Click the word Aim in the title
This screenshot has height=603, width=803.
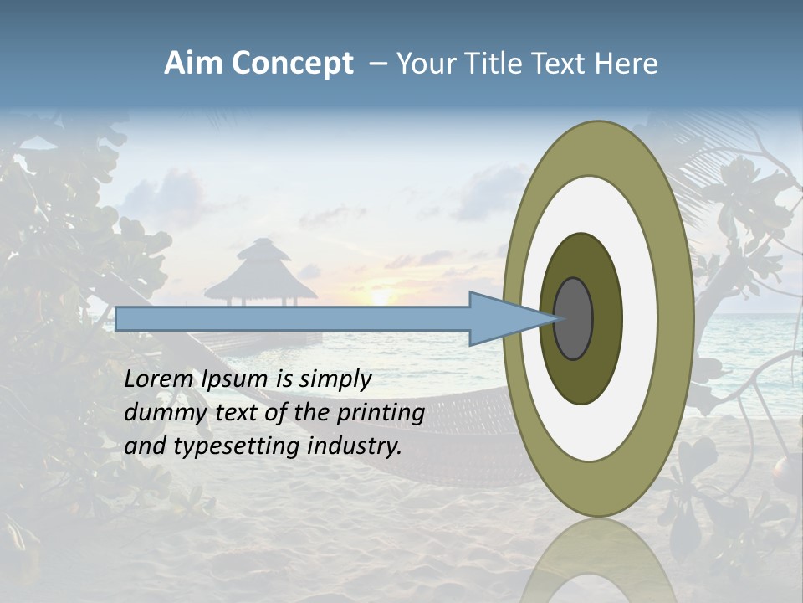(x=194, y=64)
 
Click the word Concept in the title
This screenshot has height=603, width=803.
(x=292, y=64)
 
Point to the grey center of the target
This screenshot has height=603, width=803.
(x=574, y=318)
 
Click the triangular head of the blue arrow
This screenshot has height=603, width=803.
(x=510, y=318)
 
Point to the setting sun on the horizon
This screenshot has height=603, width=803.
(x=381, y=297)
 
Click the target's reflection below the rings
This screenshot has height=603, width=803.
(x=598, y=561)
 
